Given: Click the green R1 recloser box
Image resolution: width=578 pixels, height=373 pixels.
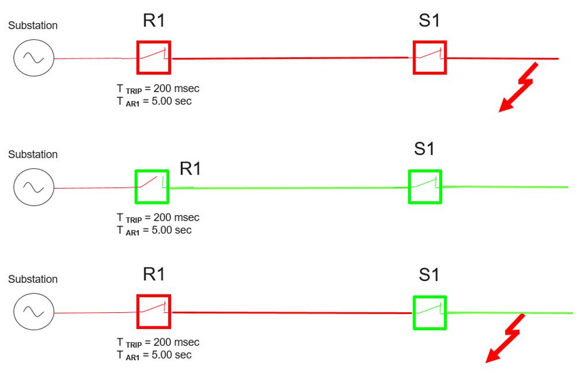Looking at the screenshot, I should point(151,187).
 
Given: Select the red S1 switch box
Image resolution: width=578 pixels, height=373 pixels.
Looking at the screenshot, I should point(430,58).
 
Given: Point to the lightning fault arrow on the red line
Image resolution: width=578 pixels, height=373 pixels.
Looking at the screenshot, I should point(518,90).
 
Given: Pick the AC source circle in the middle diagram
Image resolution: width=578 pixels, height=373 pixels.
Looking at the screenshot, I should point(34,187).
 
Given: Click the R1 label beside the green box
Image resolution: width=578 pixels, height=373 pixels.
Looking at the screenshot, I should point(190,169).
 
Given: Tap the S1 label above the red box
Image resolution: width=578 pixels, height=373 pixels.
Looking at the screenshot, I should point(428,22).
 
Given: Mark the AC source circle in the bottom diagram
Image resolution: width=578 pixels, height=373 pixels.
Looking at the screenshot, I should point(34,312).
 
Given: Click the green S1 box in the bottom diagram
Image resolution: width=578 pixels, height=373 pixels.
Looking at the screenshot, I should point(430,312).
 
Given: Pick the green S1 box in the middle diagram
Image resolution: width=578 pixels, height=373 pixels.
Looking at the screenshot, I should point(425,186).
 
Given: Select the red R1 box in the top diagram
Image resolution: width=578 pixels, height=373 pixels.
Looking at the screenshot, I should point(154,58).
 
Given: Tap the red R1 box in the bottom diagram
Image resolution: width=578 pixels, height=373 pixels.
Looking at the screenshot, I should point(154,311).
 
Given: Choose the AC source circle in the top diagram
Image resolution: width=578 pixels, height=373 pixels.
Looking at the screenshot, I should point(34,58).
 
